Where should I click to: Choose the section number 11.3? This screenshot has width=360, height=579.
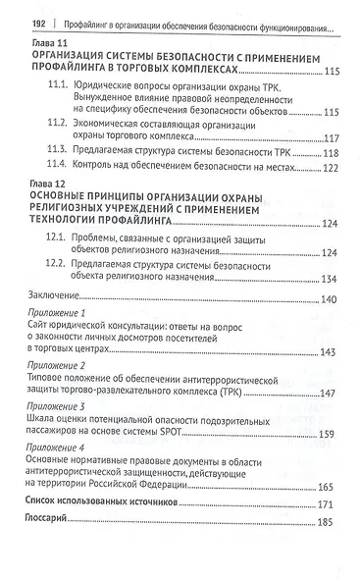(62, 154)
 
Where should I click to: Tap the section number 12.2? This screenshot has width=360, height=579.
(62, 266)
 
